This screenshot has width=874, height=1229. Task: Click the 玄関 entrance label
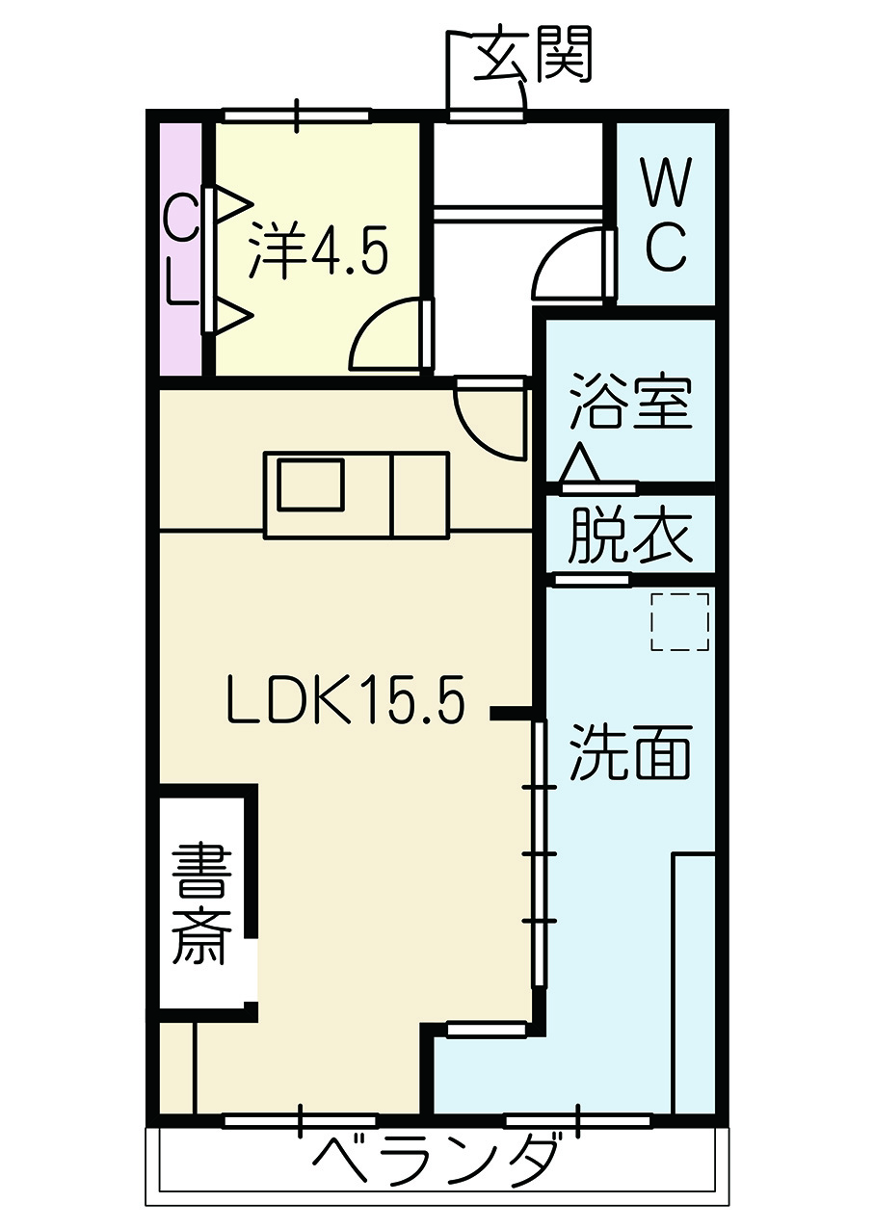click(532, 54)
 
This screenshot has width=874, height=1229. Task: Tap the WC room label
click(666, 214)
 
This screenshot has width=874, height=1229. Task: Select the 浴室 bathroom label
click(629, 400)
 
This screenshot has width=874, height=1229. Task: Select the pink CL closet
click(180, 249)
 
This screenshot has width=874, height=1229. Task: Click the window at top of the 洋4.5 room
click(296, 116)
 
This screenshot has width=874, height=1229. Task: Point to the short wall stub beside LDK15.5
click(513, 713)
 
